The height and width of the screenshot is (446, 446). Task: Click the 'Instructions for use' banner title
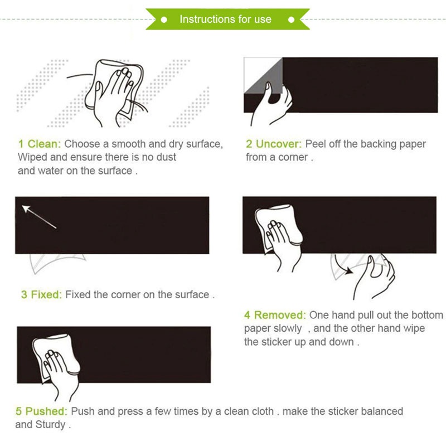pos(225,20)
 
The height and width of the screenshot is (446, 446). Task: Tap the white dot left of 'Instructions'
pos(164,20)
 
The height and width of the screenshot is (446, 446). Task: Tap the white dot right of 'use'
pos(291,20)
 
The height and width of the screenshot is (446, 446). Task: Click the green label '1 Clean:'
pos(40,144)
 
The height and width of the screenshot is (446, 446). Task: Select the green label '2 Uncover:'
pos(274,144)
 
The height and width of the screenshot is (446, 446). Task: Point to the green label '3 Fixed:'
pos(41,295)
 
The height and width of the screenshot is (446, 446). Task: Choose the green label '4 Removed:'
pos(275,315)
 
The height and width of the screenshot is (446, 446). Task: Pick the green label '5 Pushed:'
pos(41,411)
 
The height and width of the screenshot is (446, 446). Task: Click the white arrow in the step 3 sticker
pos(39,217)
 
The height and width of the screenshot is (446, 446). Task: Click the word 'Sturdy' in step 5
pos(50,425)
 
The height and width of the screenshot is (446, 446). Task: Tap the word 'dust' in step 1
pos(166,157)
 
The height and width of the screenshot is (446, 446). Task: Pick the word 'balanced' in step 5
pos(382,411)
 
